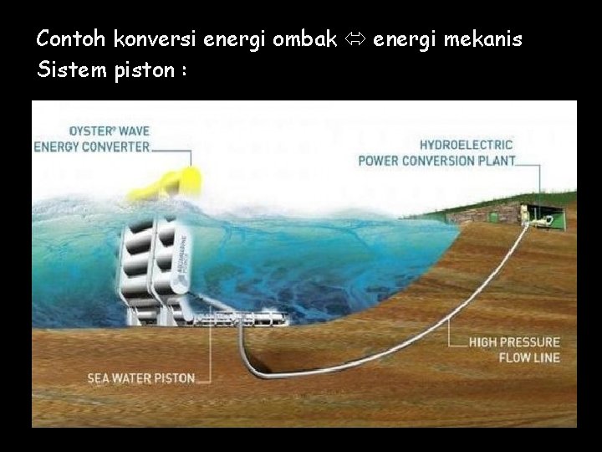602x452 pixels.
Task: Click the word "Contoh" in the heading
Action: click(x=72, y=39)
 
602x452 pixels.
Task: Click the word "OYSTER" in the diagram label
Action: click(x=92, y=131)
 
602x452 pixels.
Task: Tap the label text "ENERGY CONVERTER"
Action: click(x=91, y=146)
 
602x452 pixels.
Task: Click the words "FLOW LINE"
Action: click(x=529, y=357)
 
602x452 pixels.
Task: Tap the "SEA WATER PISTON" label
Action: click(x=141, y=378)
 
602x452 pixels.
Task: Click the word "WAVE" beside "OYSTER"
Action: click(x=134, y=131)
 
